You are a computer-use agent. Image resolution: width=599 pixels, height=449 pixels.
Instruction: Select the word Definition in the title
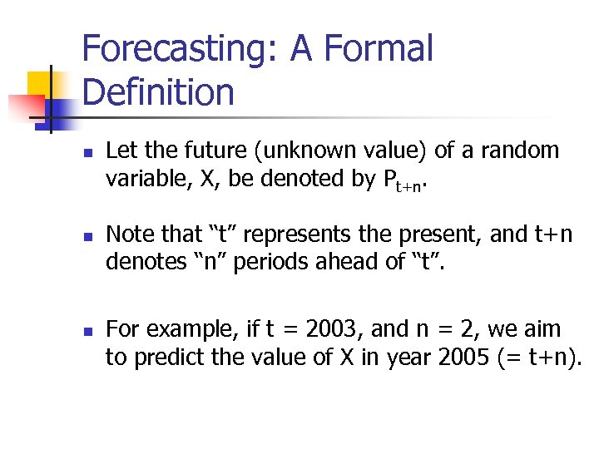tap(158, 91)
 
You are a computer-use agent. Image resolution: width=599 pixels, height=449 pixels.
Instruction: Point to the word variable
tap(138, 179)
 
